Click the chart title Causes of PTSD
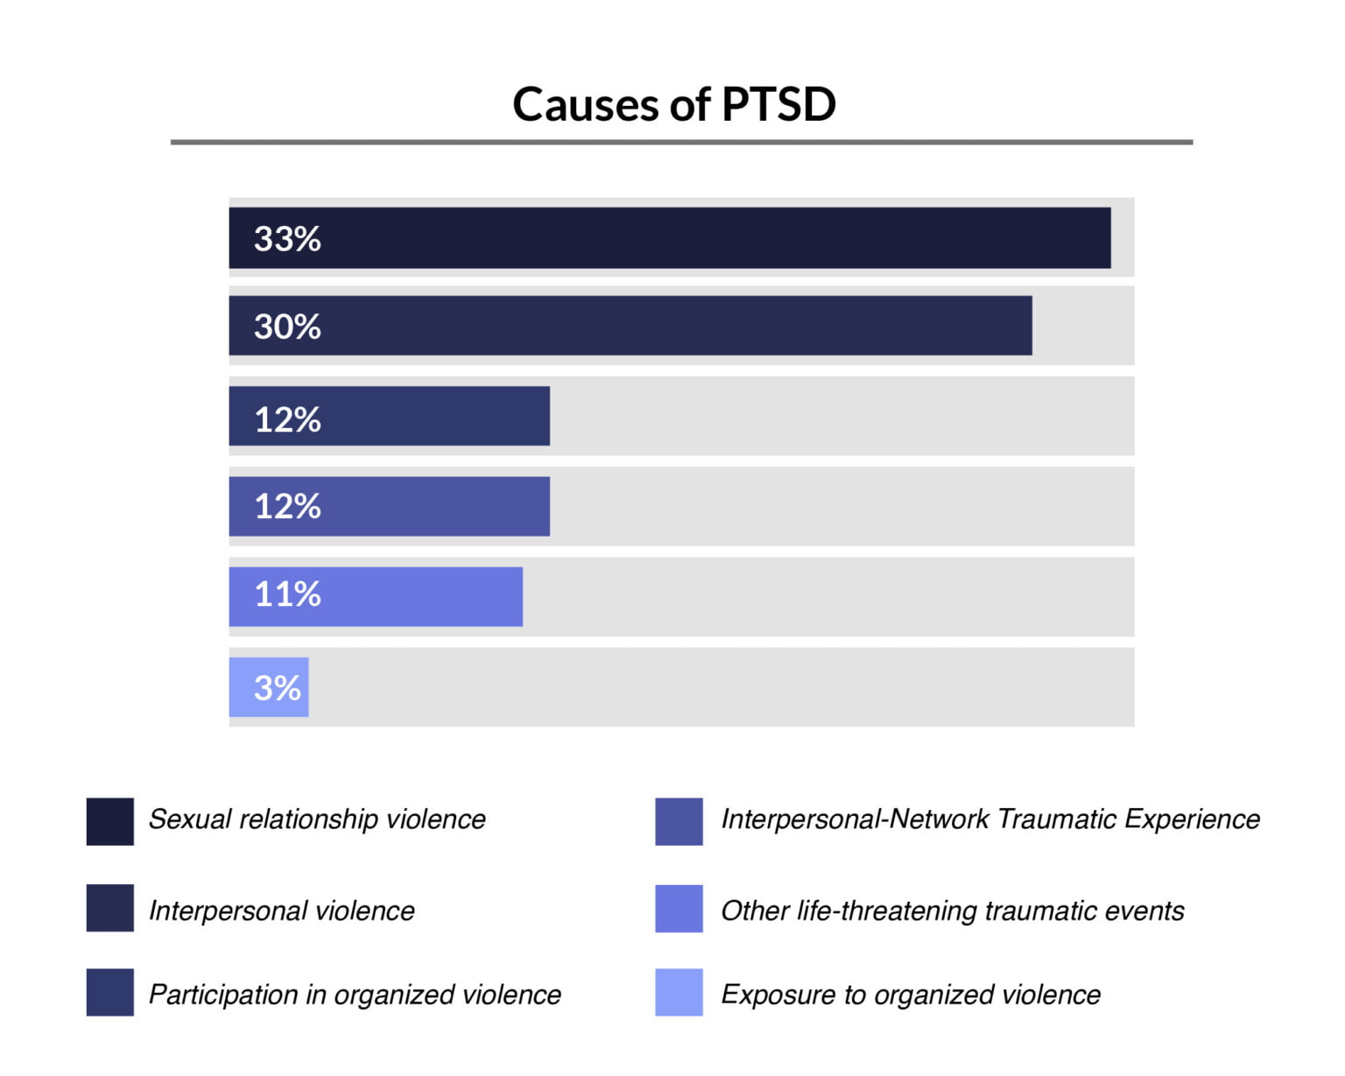point(673,104)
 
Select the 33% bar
point(670,238)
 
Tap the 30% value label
point(287,327)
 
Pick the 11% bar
point(376,596)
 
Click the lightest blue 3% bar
point(269,687)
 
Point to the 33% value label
point(287,238)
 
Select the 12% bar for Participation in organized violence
point(390,416)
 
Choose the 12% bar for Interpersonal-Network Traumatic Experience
point(390,506)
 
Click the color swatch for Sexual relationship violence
point(109,821)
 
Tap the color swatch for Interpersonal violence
point(109,908)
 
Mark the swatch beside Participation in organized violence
point(109,992)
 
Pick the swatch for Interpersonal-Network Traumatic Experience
point(679,821)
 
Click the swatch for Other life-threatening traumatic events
point(679,908)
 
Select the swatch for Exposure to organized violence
point(679,992)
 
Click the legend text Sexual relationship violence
point(317,819)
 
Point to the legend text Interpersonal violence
point(281,911)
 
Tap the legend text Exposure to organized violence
point(911,995)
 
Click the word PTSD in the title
point(778,104)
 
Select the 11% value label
point(287,594)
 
